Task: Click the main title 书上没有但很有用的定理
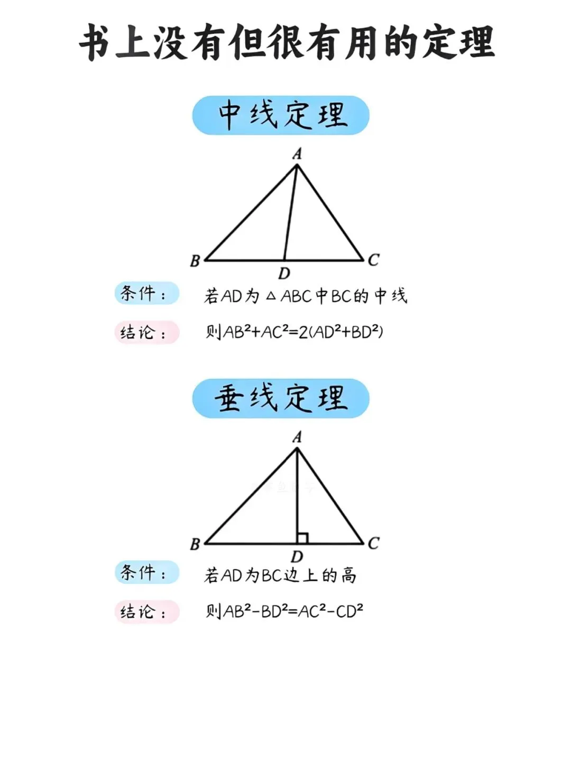[x=286, y=42]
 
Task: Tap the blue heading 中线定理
[x=281, y=115]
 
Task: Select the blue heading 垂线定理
[x=281, y=398]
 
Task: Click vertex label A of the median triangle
[x=297, y=154]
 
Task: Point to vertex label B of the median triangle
[x=195, y=261]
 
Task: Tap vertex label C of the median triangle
[x=373, y=260]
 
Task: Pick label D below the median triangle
[x=284, y=273]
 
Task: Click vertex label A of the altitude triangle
[x=297, y=437]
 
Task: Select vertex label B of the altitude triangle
[x=195, y=544]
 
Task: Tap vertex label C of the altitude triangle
[x=373, y=543]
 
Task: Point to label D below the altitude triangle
[x=297, y=556]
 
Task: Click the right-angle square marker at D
[x=302, y=538]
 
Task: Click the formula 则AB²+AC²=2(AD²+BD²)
[x=294, y=332]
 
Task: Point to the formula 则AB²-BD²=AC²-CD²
[x=284, y=611]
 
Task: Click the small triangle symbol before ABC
[x=271, y=297]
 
